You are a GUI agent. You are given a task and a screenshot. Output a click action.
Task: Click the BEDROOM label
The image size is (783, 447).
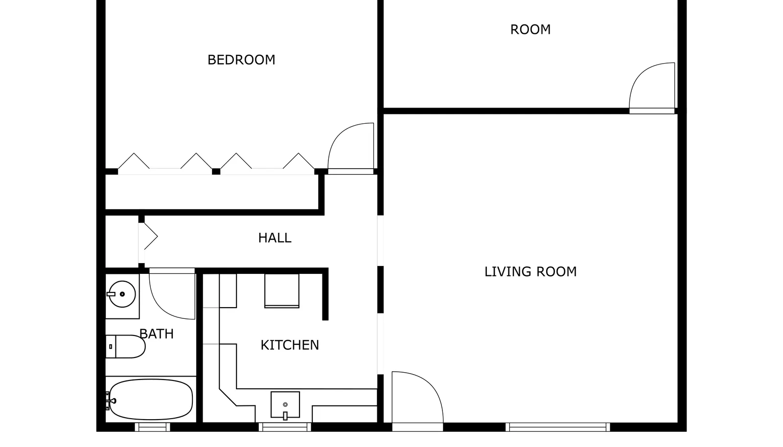click(x=241, y=60)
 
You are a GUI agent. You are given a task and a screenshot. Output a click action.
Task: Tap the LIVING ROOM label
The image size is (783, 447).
click(x=530, y=272)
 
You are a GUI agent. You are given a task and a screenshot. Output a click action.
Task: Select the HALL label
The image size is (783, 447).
click(x=275, y=238)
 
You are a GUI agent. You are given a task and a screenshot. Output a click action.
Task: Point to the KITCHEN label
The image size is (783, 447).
click(x=289, y=345)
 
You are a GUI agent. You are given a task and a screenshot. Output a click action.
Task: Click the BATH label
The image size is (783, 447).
click(x=156, y=334)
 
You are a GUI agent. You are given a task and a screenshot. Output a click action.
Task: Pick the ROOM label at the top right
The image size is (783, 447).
click(x=530, y=30)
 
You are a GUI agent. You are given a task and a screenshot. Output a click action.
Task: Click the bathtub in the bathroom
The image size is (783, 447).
click(x=151, y=400)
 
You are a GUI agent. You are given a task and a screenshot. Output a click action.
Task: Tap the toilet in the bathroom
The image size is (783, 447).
click(x=125, y=346)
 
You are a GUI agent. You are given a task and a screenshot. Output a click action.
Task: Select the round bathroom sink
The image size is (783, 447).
click(x=122, y=294)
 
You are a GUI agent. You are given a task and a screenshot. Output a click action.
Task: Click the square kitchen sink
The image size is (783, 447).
click(x=285, y=404)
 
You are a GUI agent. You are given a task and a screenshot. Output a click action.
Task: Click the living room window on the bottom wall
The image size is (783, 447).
click(x=557, y=427)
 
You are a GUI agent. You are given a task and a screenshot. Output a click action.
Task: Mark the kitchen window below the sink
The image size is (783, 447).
click(x=285, y=427)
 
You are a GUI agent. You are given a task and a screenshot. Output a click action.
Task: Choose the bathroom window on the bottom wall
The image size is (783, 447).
click(x=152, y=427)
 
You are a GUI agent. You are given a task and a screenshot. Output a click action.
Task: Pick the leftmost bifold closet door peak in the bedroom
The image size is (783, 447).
click(x=134, y=154)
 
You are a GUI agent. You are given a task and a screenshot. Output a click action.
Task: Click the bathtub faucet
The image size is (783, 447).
click(x=111, y=401)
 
